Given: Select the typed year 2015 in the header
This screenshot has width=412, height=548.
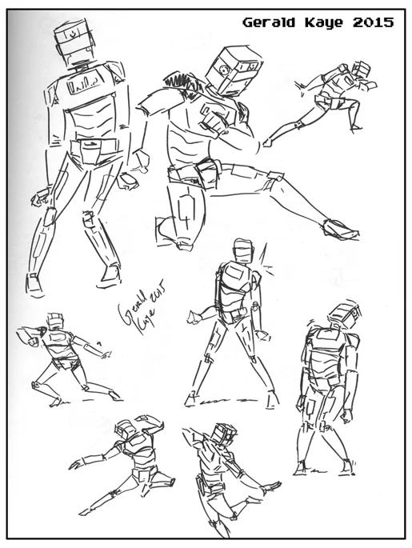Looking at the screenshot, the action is [x=374, y=22].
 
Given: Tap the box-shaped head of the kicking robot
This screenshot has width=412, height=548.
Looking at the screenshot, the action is [x=232, y=70].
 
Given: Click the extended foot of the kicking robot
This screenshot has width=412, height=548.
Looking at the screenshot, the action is [x=340, y=229].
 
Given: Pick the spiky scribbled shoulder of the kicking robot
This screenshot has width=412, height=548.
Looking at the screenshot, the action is [x=182, y=82].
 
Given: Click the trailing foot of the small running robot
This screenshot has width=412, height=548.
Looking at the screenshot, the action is [x=268, y=142].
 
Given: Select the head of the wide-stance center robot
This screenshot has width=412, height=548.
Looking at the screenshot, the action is [x=243, y=250].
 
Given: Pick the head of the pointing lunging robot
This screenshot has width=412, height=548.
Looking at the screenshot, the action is [x=54, y=321].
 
